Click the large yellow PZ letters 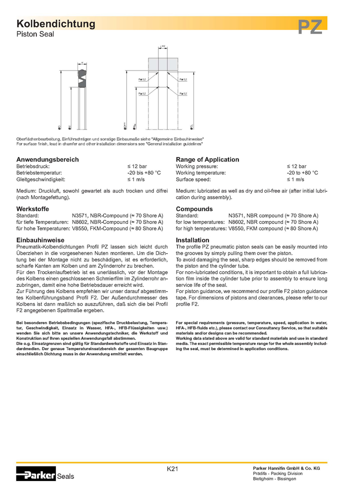pyautogui.click(x=310, y=26)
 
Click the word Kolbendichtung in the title pyautogui.click(x=55, y=24)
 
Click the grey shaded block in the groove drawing pyautogui.click(x=162, y=64)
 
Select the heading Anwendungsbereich pyautogui.click(x=47, y=159)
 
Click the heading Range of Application pyautogui.click(x=207, y=159)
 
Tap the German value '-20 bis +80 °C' pyautogui.click(x=144, y=172)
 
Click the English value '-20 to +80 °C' pyautogui.click(x=302, y=172)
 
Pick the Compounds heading pyautogui.click(x=194, y=209)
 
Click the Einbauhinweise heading pyautogui.click(x=40, y=240)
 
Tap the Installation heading pyautogui.click(x=192, y=240)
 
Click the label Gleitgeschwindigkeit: pyautogui.click(x=41, y=179)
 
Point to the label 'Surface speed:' pyautogui.click(x=193, y=179)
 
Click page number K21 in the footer pyautogui.click(x=172, y=468)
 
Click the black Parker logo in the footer pyautogui.click(x=36, y=473)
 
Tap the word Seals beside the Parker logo pyautogui.click(x=65, y=476)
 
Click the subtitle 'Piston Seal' pyautogui.click(x=35, y=34)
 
